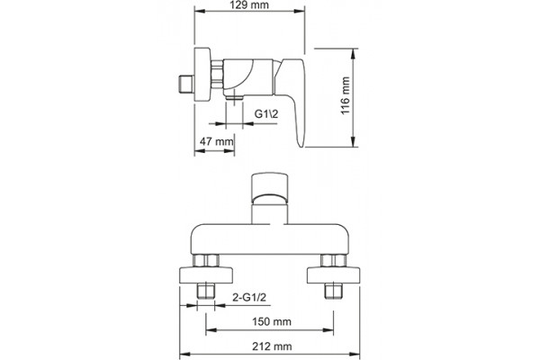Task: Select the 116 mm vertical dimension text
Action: tap(345, 96)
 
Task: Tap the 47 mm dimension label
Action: tap(217, 141)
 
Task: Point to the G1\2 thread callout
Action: tap(266, 113)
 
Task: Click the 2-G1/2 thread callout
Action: tap(249, 297)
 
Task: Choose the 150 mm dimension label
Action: tap(272, 322)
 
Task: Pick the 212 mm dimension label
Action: tap(272, 346)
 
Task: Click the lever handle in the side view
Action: tap(291, 100)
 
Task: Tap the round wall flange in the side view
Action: tap(202, 75)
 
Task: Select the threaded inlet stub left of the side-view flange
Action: tap(186, 84)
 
